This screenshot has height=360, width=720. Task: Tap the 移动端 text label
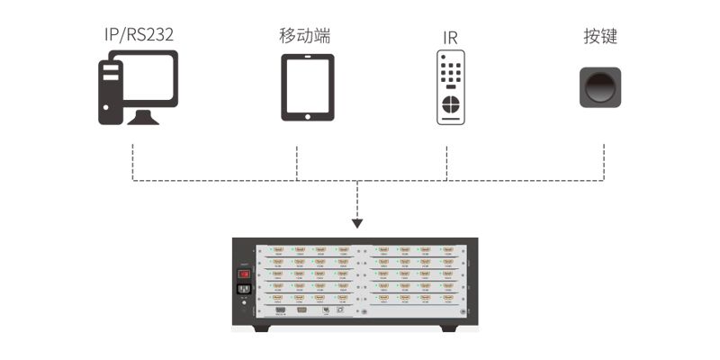click(x=304, y=36)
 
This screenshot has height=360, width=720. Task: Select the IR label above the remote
click(x=451, y=38)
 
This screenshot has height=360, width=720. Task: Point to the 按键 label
click(x=600, y=36)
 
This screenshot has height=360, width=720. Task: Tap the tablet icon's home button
click(x=308, y=114)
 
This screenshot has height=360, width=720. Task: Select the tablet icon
click(x=308, y=87)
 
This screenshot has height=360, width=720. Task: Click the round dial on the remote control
click(x=452, y=105)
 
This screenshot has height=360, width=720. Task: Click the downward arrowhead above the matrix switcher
click(x=358, y=222)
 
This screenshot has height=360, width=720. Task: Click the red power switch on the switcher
click(x=241, y=274)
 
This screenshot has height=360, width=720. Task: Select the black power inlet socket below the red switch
click(x=241, y=290)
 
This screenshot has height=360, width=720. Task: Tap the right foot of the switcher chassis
click(x=455, y=328)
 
